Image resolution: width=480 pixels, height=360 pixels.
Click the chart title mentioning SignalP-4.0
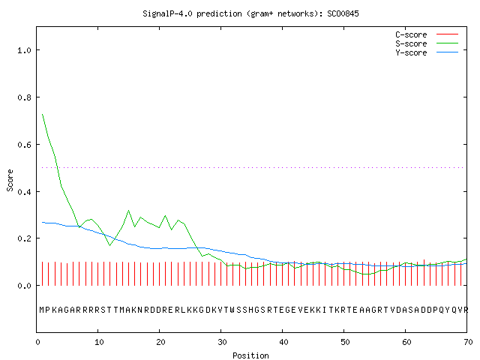point(250,13)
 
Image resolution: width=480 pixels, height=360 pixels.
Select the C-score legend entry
point(427,34)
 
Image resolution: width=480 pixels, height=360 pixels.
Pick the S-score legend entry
point(427,43)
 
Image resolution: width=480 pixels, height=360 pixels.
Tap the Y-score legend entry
point(427,52)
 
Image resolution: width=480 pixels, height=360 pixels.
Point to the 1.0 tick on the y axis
point(25,50)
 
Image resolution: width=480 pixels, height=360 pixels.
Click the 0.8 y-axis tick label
point(25,97)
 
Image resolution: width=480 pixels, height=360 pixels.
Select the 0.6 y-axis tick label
point(25,145)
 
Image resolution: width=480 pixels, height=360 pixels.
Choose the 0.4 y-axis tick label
point(25,192)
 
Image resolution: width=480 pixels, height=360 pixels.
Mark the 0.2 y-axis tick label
point(25,238)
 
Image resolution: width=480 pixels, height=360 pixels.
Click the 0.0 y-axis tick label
point(25,286)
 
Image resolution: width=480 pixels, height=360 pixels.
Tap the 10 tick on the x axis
point(99,342)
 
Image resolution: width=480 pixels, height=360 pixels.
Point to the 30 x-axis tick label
point(222,342)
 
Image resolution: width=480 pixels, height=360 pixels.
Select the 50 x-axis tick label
point(345,342)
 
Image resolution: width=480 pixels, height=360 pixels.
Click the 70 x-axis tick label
point(468,342)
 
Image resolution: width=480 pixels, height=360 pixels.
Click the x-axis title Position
point(250,355)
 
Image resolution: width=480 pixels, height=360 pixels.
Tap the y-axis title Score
point(10,180)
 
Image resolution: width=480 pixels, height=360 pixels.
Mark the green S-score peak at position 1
point(43,115)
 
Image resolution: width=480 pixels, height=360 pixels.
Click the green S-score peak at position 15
point(128,211)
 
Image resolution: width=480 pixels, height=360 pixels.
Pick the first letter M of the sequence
point(42,310)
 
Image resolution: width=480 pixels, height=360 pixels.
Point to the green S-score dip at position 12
point(110,245)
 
